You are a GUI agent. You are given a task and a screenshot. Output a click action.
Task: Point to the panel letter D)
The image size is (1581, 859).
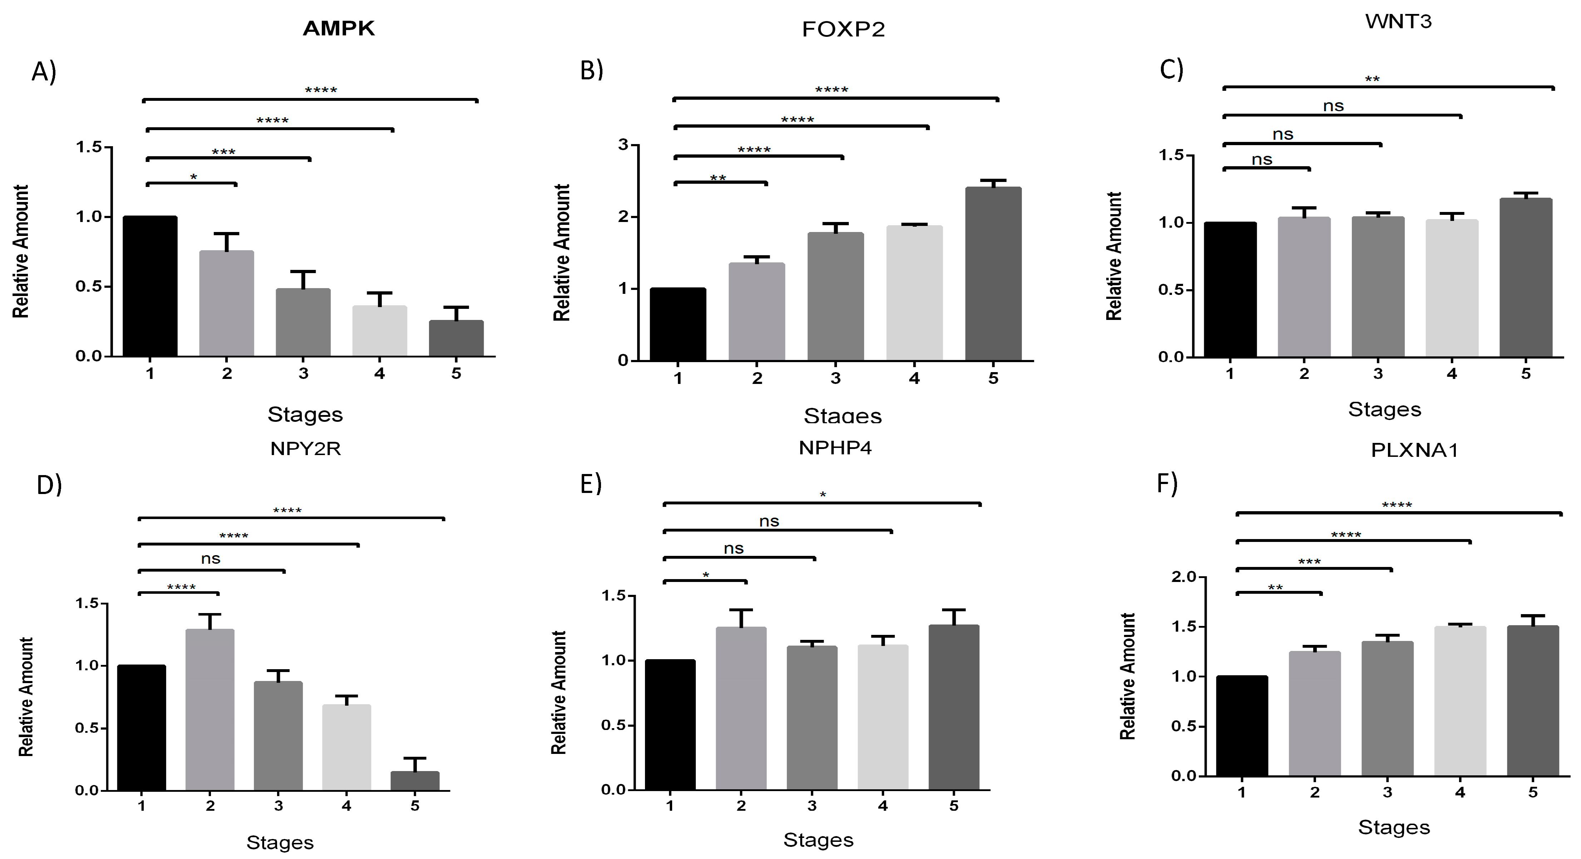point(49,485)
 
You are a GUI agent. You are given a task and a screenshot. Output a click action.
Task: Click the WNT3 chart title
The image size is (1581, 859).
point(1398,21)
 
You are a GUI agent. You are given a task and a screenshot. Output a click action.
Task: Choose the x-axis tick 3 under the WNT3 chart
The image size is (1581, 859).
point(1378,374)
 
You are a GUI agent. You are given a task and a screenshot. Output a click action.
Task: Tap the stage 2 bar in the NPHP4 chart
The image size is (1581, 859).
point(741,708)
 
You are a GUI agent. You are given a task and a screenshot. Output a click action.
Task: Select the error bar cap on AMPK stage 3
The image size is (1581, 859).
point(303,271)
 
